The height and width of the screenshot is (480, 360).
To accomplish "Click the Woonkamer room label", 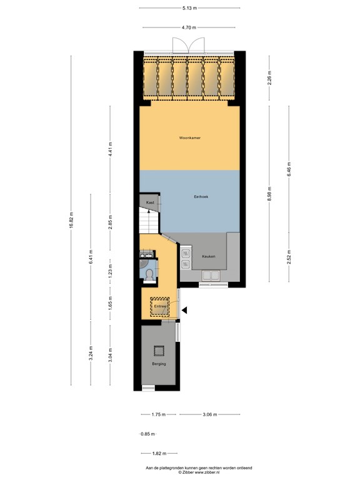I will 189,137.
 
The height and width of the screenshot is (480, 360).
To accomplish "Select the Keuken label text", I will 209,257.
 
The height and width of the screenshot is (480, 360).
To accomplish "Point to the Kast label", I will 150,203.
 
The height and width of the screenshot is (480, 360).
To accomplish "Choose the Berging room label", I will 159,364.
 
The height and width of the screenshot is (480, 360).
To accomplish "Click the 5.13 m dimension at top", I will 189,7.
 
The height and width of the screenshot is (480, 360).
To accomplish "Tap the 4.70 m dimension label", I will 189,27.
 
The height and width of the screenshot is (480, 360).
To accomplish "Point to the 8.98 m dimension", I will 269,194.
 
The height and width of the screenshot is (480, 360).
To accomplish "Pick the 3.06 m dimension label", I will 209,414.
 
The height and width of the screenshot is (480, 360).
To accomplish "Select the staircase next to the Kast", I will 149,222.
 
